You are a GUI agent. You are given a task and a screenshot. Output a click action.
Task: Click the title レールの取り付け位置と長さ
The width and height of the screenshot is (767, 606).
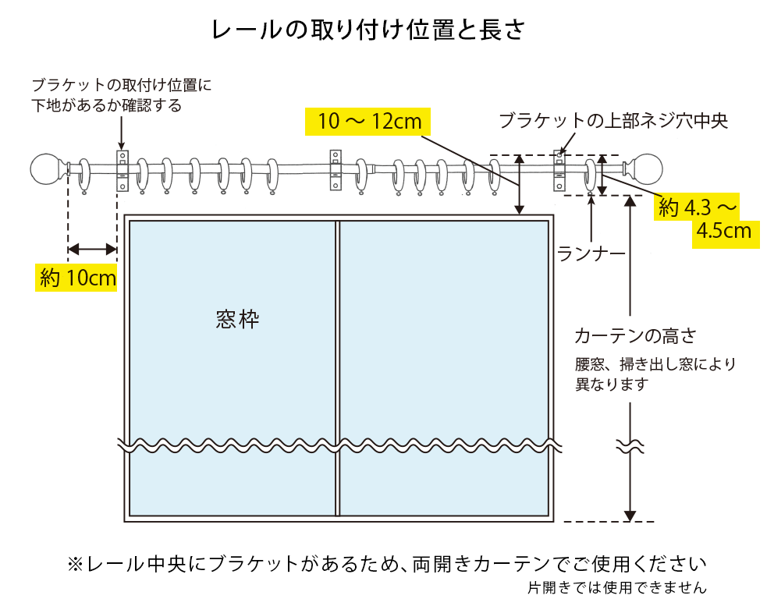click(x=368, y=30)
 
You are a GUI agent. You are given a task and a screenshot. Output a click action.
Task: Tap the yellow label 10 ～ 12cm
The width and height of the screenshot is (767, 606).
click(x=370, y=121)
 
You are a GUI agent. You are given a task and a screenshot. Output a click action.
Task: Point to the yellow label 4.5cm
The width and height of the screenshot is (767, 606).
click(x=726, y=231)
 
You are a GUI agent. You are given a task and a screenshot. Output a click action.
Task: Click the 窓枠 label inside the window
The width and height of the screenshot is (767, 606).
click(x=237, y=319)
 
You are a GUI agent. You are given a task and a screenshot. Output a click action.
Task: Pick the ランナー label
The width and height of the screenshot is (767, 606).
click(x=591, y=253)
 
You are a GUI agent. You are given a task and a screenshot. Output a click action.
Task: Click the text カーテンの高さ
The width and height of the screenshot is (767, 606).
click(x=634, y=336)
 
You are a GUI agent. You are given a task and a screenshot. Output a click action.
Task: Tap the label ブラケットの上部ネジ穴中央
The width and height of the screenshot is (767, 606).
click(x=613, y=121)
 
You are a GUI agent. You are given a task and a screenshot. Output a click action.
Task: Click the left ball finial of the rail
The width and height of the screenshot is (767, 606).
click(x=46, y=169)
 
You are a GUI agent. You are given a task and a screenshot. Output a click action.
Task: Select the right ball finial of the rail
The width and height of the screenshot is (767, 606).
click(x=648, y=169)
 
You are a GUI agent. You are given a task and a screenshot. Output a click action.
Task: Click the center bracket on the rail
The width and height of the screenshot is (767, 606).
click(x=336, y=169)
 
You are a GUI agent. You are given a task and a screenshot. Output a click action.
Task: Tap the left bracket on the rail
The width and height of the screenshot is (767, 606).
click(x=122, y=171)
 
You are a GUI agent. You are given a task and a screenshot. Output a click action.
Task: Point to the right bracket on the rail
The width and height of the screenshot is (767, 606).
click(x=560, y=171)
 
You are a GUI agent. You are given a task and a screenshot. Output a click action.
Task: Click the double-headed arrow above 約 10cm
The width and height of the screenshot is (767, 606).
click(x=92, y=250)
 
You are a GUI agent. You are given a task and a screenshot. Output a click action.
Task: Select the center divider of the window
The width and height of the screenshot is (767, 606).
click(x=337, y=367)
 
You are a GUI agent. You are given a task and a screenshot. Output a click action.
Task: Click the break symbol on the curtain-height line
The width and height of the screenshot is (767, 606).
click(x=630, y=447)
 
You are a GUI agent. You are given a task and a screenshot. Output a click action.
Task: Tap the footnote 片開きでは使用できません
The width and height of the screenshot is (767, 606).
click(x=616, y=587)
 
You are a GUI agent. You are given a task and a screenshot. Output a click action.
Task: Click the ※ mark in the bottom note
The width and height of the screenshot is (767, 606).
click(x=75, y=564)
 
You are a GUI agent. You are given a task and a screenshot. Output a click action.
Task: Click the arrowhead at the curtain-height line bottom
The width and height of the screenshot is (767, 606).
click(x=630, y=515)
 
